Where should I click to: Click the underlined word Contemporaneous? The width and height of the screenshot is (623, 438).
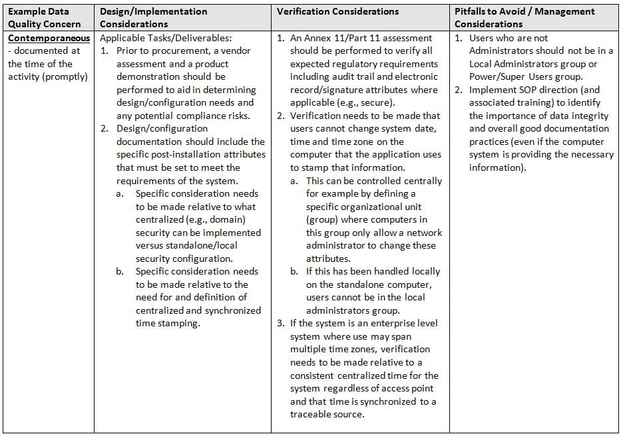tap(49, 39)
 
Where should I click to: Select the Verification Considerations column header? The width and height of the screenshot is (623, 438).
tap(337, 12)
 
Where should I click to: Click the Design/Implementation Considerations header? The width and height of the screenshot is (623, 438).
tap(153, 18)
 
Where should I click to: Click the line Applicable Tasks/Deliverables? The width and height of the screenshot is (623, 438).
tap(166, 39)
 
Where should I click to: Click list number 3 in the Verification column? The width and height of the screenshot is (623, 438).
tap(281, 324)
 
